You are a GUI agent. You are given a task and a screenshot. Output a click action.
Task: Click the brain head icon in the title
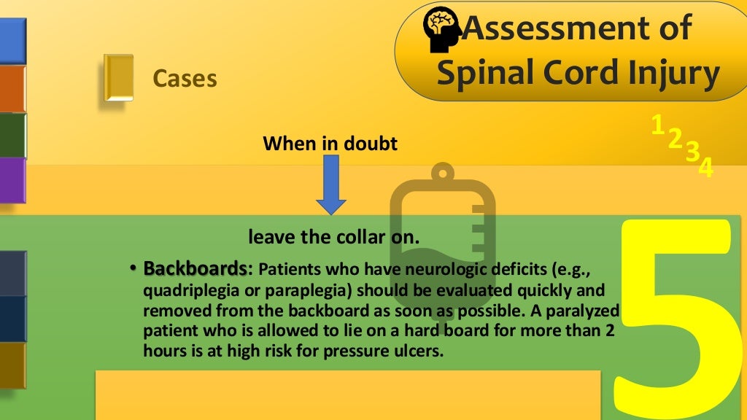pyautogui.click(x=441, y=31)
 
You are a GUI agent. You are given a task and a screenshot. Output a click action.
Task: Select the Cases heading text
pyautogui.click(x=185, y=78)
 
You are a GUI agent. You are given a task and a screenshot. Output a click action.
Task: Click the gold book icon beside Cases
pyautogui.click(x=118, y=77)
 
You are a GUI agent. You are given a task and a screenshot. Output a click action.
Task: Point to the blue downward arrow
pyautogui.click(x=331, y=185)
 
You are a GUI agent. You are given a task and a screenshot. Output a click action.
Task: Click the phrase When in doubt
pyautogui.click(x=330, y=143)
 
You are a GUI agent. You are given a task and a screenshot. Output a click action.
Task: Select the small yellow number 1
pyautogui.click(x=657, y=125)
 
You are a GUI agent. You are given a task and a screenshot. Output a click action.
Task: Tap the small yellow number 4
pyautogui.click(x=705, y=168)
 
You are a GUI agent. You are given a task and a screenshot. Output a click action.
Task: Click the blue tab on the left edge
pyautogui.click(x=12, y=41)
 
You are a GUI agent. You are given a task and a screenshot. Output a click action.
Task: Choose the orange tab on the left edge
pyautogui.click(x=12, y=88)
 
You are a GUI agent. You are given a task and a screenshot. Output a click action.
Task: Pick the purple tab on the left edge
pyautogui.click(x=12, y=179)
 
